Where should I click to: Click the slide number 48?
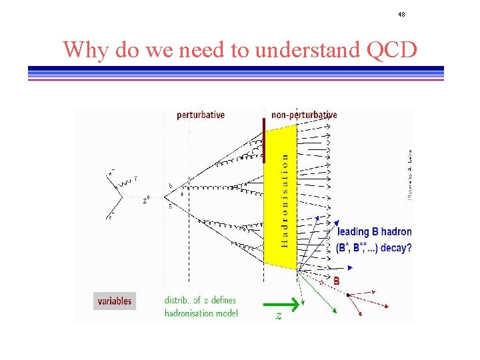coord(402,14)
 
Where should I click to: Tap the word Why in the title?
coord(86,49)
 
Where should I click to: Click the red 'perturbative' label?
coord(201,115)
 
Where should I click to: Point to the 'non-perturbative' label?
coord(304,115)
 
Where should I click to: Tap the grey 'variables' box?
coord(115,301)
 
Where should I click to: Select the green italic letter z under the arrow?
coord(279,316)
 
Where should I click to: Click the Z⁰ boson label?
coord(147,199)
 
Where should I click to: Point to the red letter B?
coord(337,281)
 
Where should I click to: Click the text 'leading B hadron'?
coord(374,232)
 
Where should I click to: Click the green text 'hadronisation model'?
coord(201,313)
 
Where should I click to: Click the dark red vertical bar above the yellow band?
coord(264,140)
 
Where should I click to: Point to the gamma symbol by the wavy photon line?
coord(135,178)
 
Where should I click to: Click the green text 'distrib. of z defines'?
coord(201,300)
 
